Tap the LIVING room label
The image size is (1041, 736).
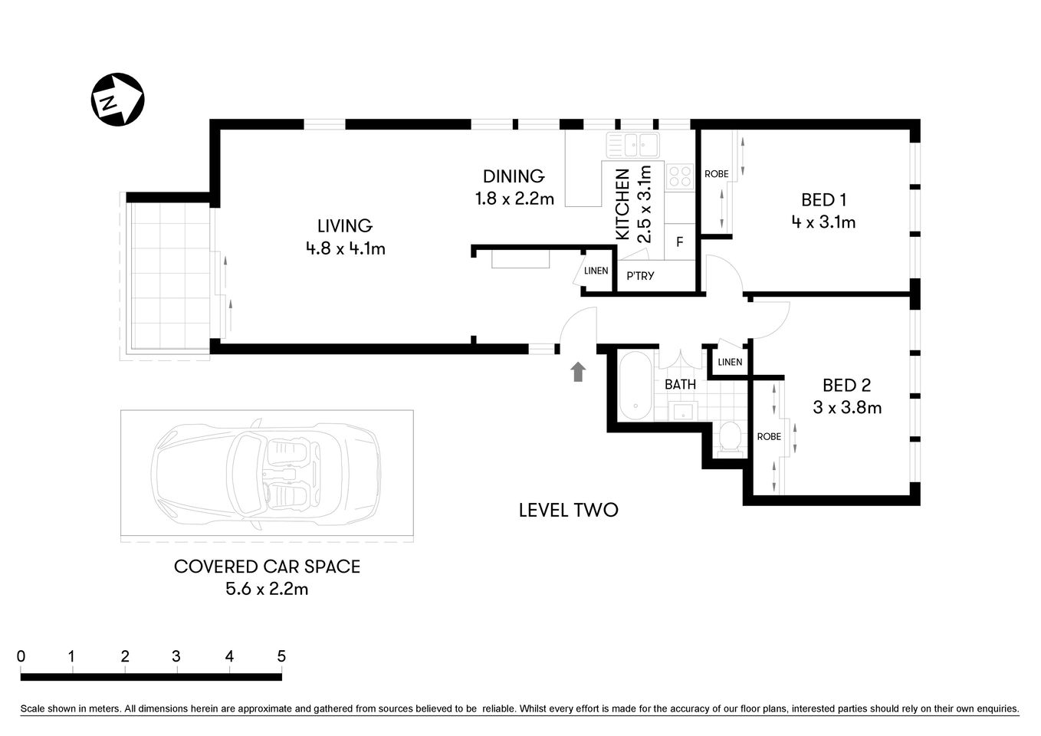click(345, 225)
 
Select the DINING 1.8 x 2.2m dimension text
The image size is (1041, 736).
click(514, 199)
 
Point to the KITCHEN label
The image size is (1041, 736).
click(622, 204)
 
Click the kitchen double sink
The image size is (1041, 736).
click(633, 144)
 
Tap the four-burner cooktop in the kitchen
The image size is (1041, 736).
click(679, 176)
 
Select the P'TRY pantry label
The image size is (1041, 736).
click(640, 276)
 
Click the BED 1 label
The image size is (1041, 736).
click(823, 200)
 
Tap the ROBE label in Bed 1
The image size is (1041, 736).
click(717, 174)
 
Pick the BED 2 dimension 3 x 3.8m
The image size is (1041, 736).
click(847, 408)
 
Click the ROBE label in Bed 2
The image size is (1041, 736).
click(769, 436)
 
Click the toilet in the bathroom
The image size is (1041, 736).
click(731, 438)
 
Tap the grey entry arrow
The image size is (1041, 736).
click(578, 372)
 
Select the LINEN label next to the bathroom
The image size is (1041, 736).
click(730, 362)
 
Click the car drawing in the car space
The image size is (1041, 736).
click(266, 475)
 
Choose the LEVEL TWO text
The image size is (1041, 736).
click(568, 510)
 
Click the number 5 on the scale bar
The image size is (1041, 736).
click(281, 656)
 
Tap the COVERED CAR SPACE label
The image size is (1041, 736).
click(267, 567)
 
